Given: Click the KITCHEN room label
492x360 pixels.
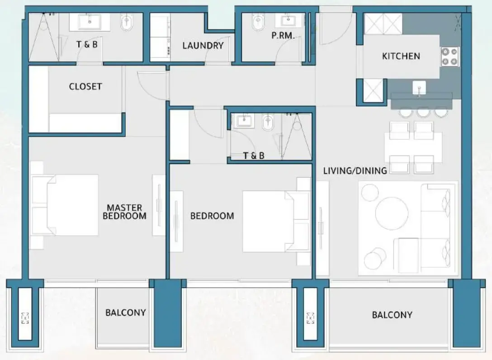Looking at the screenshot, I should [401, 56].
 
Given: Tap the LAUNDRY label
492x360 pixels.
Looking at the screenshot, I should [203, 46].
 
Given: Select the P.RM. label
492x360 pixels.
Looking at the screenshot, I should [283, 36].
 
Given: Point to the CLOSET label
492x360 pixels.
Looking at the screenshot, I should [85, 86].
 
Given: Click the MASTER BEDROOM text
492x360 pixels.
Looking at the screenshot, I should [124, 212].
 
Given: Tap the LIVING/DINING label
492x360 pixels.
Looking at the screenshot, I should [355, 171].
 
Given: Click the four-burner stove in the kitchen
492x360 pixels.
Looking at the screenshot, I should [449, 57].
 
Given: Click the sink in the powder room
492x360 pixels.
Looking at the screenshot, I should [287, 20].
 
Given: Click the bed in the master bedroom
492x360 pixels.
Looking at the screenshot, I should [68, 205].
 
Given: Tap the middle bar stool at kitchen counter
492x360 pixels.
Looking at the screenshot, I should [423, 112].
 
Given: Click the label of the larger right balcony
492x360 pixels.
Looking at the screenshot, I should [392, 315].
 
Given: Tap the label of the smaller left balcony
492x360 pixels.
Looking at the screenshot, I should [125, 313].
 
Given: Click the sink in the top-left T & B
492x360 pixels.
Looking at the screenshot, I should [89, 21].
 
